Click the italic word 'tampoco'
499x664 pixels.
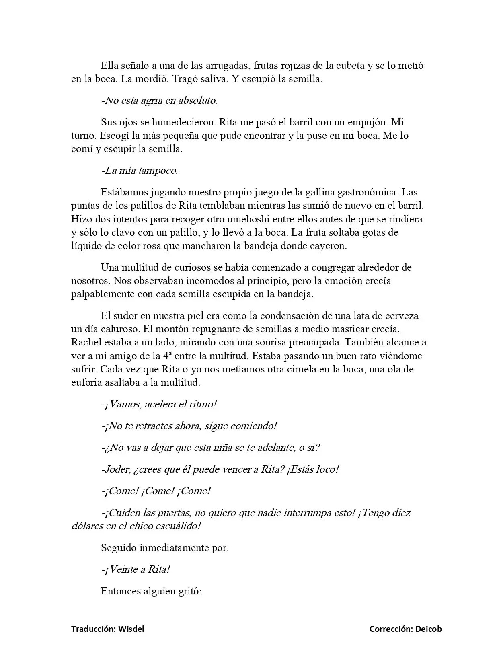click(158, 171)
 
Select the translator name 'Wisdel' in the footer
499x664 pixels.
click(131, 629)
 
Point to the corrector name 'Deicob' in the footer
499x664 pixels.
click(428, 629)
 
